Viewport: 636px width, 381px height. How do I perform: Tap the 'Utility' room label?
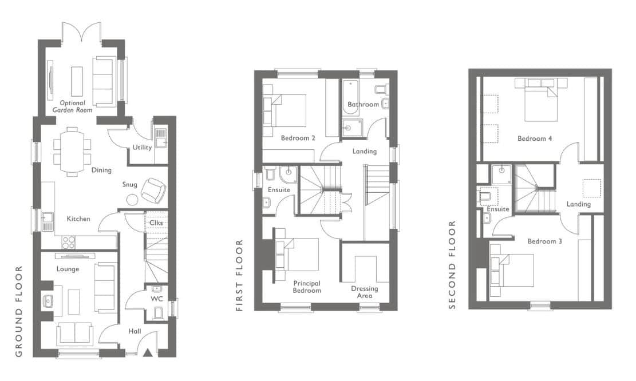(x=142, y=148)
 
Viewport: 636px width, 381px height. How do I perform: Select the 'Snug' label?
(x=130, y=185)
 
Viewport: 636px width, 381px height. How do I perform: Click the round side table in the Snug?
(x=132, y=200)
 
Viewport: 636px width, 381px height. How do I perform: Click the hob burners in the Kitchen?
(x=68, y=242)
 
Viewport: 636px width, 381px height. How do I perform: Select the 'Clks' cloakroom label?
(x=156, y=223)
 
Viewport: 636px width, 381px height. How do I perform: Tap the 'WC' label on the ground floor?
(x=156, y=299)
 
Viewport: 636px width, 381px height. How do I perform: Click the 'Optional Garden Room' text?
(x=73, y=106)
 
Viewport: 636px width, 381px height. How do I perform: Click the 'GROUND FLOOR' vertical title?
(x=19, y=311)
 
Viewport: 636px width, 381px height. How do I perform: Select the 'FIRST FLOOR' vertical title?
(x=239, y=275)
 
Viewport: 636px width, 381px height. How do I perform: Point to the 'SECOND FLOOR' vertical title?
(x=453, y=265)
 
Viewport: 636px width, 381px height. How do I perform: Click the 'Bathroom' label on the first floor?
(x=363, y=104)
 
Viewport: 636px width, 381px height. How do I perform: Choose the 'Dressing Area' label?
(x=365, y=292)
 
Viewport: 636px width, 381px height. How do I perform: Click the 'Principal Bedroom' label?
(x=307, y=287)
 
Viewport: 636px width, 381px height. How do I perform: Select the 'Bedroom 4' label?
(x=535, y=138)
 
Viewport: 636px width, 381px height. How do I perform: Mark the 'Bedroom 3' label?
(x=545, y=241)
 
